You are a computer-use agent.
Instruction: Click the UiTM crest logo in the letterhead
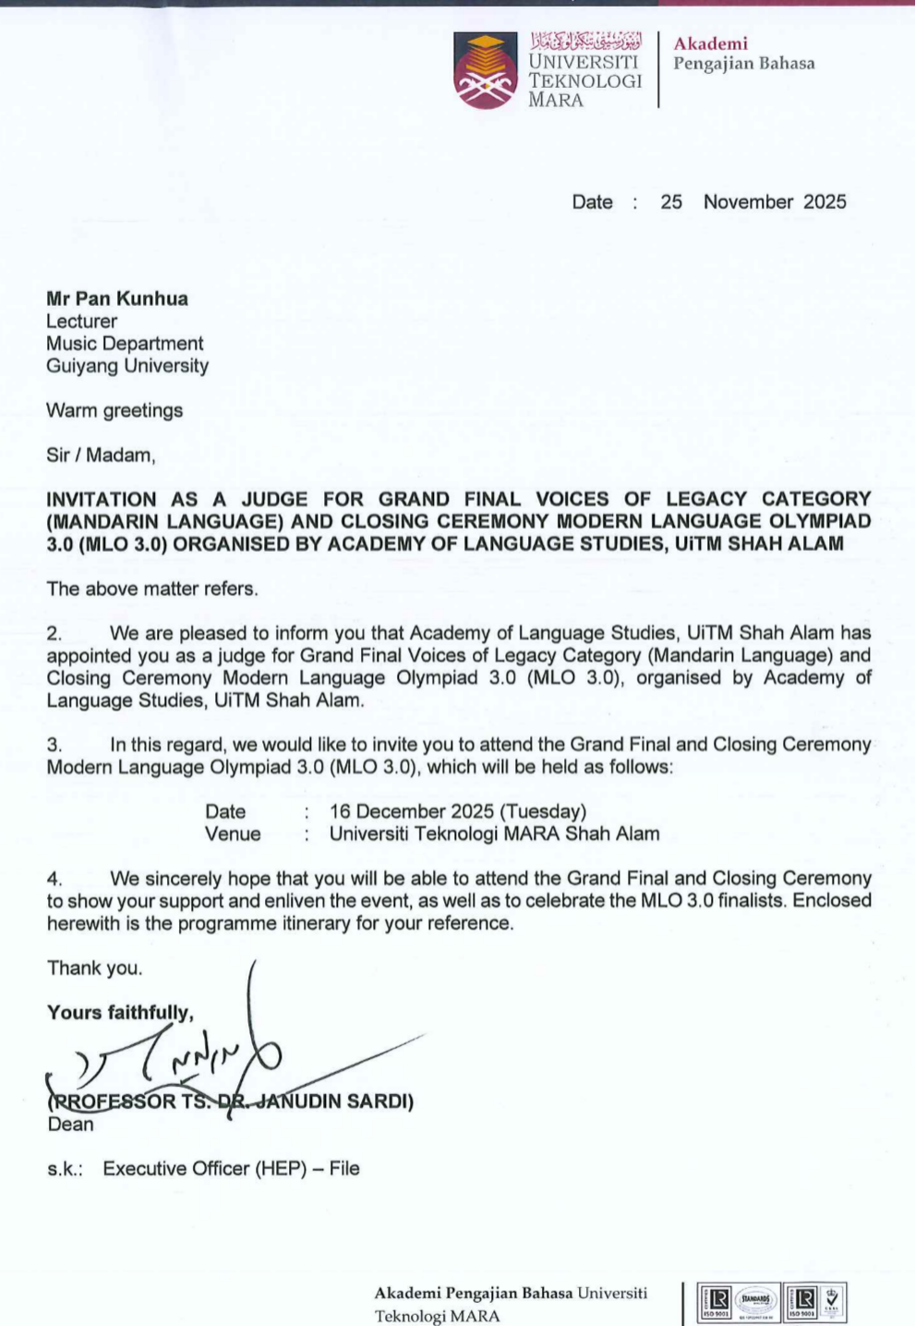click(x=486, y=71)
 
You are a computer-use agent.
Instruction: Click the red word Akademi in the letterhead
click(x=710, y=43)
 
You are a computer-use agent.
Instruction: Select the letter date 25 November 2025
click(x=753, y=202)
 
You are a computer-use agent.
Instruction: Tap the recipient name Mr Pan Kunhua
click(x=117, y=298)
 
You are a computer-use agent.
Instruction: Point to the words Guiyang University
click(x=127, y=366)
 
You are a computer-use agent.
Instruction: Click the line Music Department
click(x=125, y=344)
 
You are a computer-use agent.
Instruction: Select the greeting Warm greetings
click(x=114, y=410)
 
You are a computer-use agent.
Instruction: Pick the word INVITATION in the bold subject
click(x=102, y=500)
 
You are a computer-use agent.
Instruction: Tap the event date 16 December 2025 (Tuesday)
click(x=457, y=811)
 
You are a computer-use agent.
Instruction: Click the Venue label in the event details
click(x=233, y=834)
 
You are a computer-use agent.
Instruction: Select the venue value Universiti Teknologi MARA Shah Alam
click(x=494, y=834)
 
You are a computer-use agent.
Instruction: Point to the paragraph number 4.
click(x=54, y=879)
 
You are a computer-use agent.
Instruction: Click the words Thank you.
click(x=95, y=968)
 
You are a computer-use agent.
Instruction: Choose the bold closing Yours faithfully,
click(x=120, y=1013)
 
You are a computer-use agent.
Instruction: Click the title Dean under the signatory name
click(x=70, y=1125)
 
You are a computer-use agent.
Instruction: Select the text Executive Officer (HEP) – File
click(x=231, y=1169)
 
